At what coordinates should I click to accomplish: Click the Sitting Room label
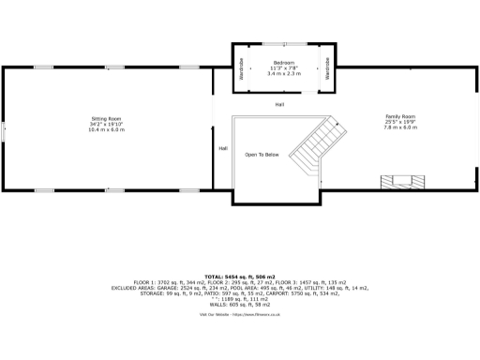(106, 118)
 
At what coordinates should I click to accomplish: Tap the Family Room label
(400, 118)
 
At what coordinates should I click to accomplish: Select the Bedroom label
(284, 63)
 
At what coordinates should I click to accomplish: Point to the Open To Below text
(262, 154)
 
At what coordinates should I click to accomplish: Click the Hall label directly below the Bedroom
(279, 104)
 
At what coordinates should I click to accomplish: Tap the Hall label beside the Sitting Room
(222, 148)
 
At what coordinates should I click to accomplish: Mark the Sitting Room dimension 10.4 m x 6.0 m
(106, 129)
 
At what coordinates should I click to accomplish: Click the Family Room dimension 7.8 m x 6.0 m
(400, 129)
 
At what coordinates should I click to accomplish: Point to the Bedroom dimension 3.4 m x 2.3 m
(284, 74)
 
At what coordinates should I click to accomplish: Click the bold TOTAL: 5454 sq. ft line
(240, 277)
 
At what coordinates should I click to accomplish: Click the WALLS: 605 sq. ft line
(240, 305)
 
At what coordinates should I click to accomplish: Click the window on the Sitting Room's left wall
(3, 129)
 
